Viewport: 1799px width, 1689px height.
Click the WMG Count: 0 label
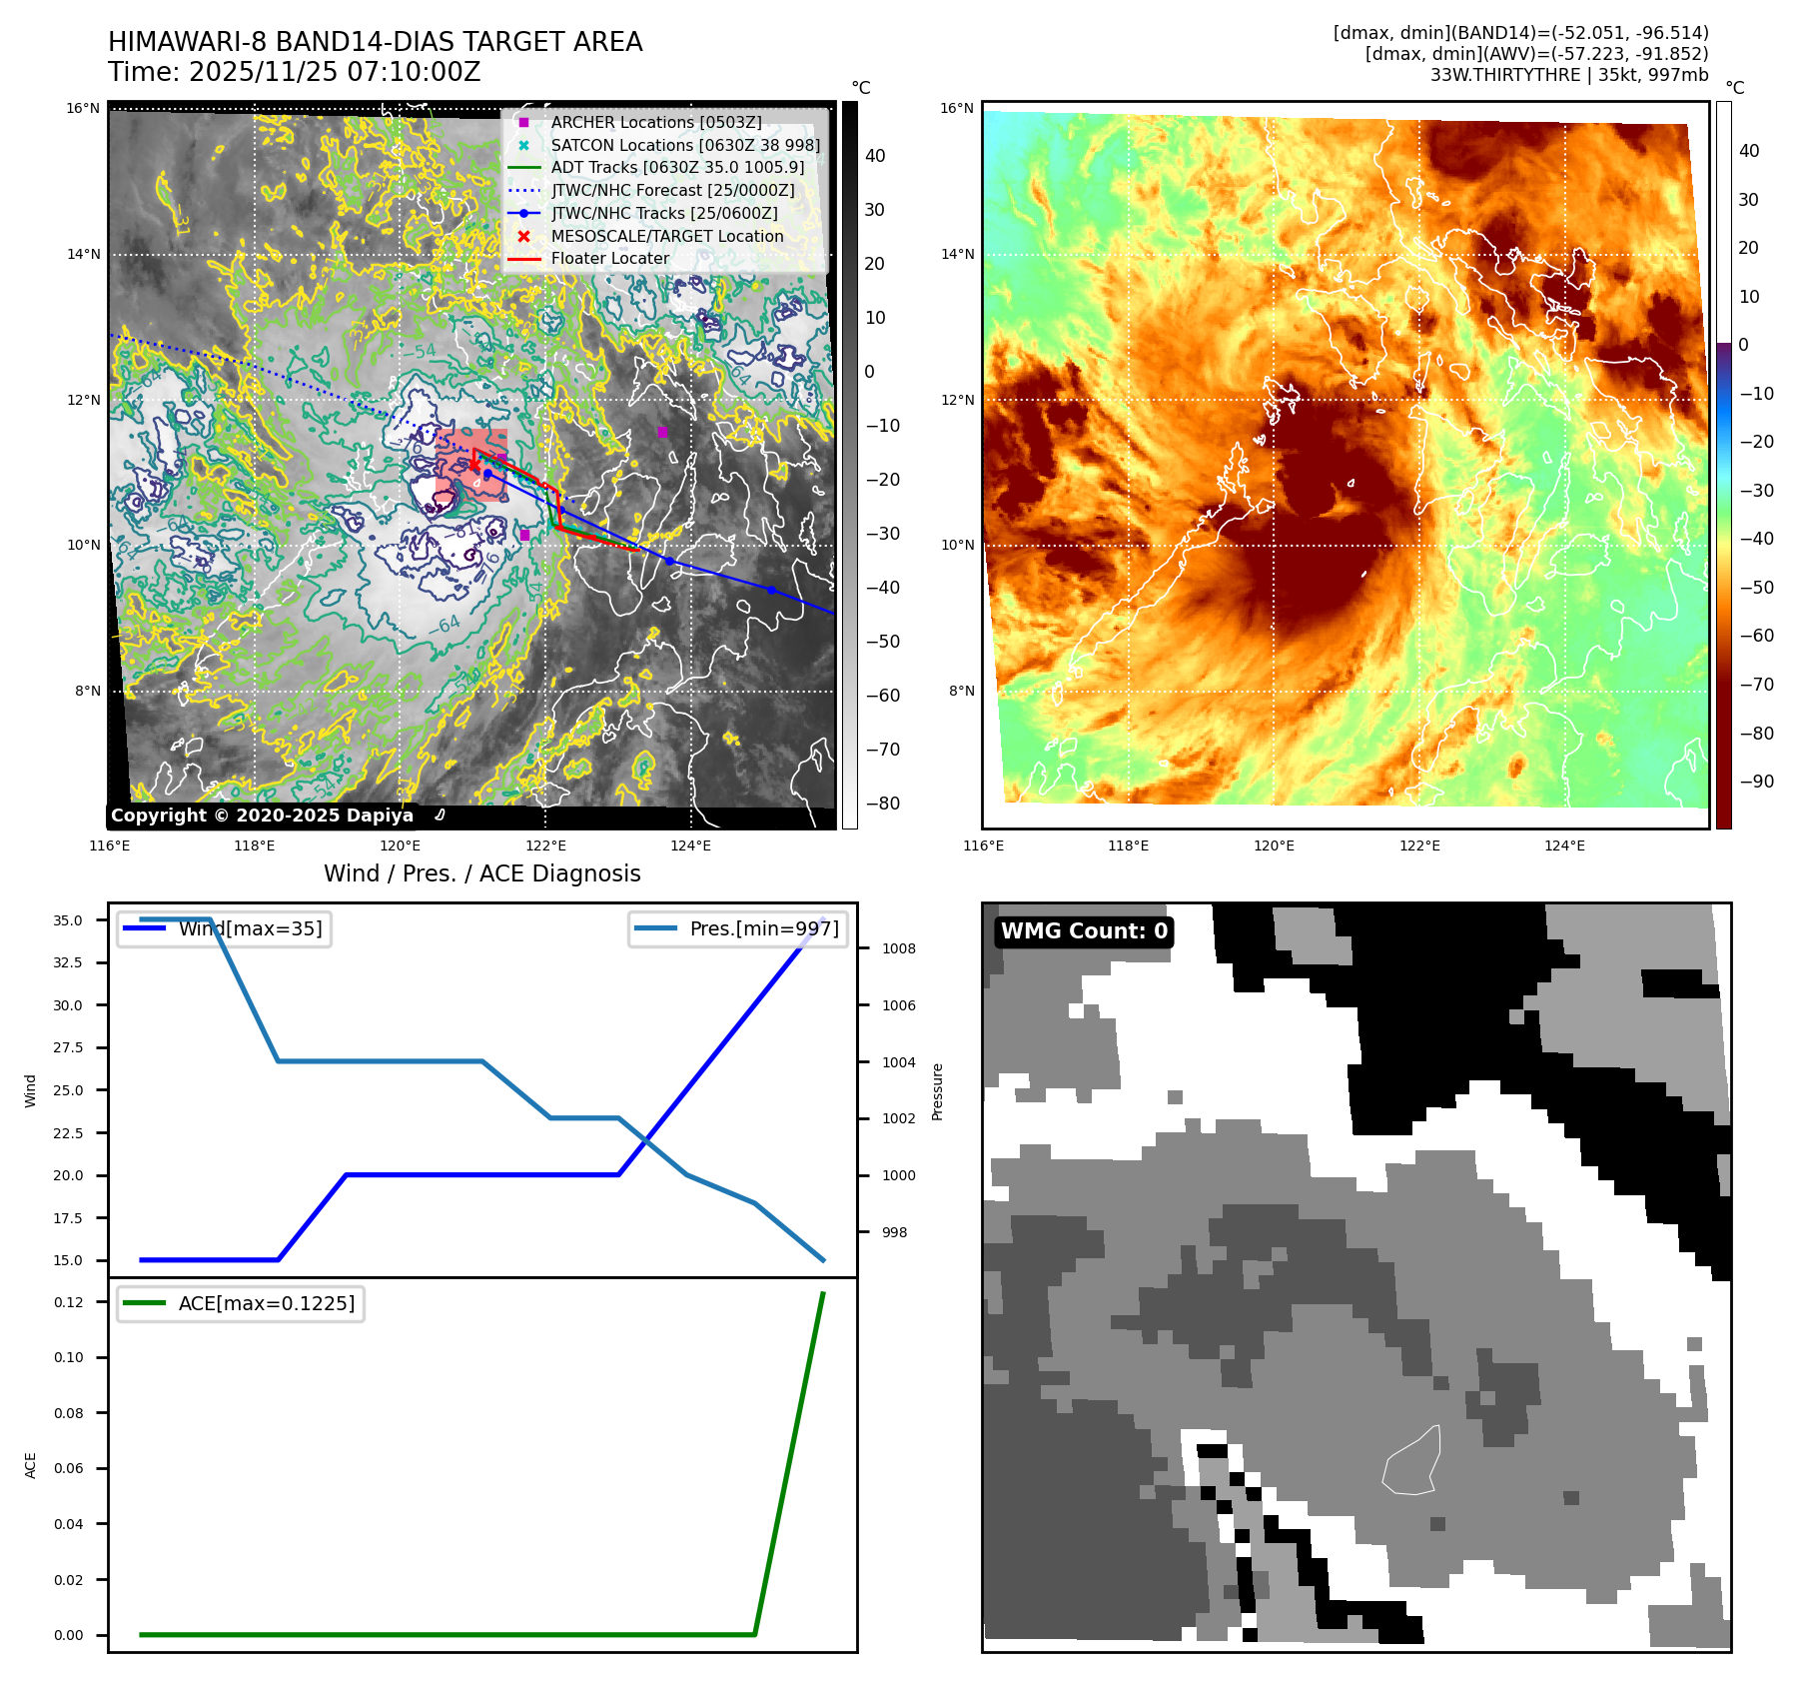pyautogui.click(x=1084, y=931)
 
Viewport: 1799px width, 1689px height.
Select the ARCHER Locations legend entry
pyautogui.click(x=655, y=122)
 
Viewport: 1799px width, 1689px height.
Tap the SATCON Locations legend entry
pyautogui.click(x=685, y=145)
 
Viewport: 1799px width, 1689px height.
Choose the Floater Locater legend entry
pyautogui.click(x=609, y=258)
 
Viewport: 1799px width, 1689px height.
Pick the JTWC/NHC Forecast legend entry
pyautogui.click(x=673, y=190)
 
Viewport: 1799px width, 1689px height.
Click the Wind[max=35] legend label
pyautogui.click(x=250, y=928)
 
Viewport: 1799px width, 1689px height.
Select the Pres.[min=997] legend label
pyautogui.click(x=764, y=928)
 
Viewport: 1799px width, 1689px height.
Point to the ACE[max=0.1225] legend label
pyautogui.click(x=266, y=1303)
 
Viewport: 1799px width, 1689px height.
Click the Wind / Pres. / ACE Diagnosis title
pyautogui.click(x=481, y=873)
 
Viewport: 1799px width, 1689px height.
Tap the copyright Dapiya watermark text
pyautogui.click(x=262, y=816)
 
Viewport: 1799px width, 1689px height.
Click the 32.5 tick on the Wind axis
pyautogui.click(x=68, y=962)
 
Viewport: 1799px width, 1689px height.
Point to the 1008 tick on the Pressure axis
pyautogui.click(x=898, y=948)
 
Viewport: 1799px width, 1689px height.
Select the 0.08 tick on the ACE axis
pyautogui.click(x=69, y=1413)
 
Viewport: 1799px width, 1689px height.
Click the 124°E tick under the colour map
pyautogui.click(x=1564, y=845)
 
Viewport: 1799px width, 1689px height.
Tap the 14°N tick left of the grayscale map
pyautogui.click(x=84, y=254)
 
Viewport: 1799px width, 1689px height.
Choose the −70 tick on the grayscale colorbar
pyautogui.click(x=882, y=750)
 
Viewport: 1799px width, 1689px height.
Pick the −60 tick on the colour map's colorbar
pyautogui.click(x=1756, y=636)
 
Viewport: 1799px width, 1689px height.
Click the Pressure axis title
pyautogui.click(x=938, y=1091)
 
